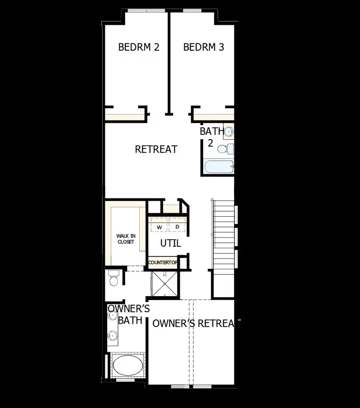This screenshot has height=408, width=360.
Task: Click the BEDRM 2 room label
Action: [x=139, y=47]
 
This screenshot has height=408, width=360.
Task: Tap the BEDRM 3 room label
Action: [x=204, y=47]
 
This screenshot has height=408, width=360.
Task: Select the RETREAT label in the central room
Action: [x=156, y=149]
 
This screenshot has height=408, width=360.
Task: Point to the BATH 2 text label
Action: [x=210, y=137]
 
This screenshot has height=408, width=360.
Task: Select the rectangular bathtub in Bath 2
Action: [x=218, y=167]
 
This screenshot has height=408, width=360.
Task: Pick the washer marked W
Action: [x=159, y=227]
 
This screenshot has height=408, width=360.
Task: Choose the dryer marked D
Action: [x=177, y=227]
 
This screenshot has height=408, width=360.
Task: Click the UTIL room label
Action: [x=170, y=243]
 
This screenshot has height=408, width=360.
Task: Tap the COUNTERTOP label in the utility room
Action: [x=163, y=263]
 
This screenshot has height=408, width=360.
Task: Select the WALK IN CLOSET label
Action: [x=126, y=239]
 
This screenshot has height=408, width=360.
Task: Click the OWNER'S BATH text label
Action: [x=129, y=314]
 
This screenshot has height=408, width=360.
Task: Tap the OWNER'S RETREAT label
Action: [x=193, y=323]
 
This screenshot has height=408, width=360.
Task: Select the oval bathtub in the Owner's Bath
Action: [x=127, y=365]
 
